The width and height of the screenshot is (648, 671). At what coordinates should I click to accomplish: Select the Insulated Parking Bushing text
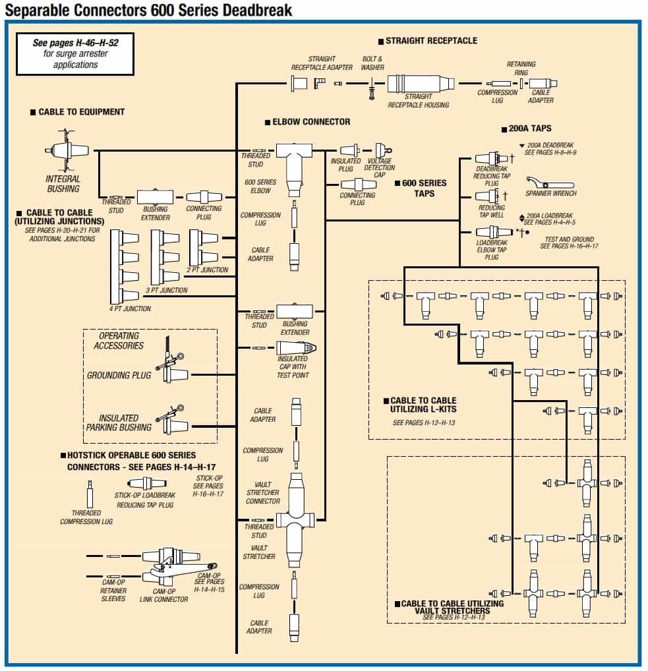coord(119,423)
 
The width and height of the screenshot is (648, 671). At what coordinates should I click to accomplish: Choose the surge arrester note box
coord(75,53)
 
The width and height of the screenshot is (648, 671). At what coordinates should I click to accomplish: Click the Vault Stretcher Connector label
coord(263,492)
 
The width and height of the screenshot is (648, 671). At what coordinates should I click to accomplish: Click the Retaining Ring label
coord(521,68)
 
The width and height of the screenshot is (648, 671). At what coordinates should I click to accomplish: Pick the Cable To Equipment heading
coord(81,112)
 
